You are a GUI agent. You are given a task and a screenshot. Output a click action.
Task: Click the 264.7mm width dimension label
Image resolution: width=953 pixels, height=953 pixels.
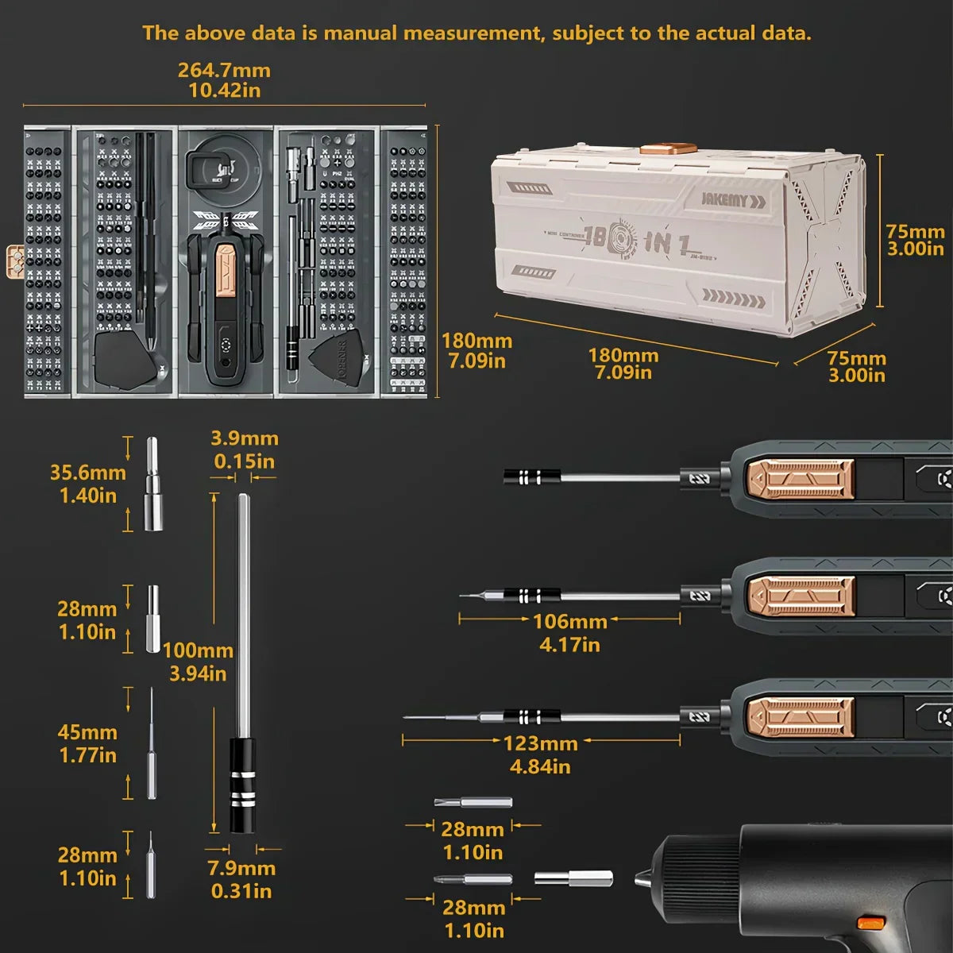pyautogui.click(x=224, y=70)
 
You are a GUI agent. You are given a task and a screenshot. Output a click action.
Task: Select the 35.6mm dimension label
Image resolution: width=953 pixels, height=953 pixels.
pyautogui.click(x=87, y=473)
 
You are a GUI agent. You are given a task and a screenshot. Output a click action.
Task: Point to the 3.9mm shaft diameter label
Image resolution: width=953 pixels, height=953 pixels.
pyautogui.click(x=245, y=438)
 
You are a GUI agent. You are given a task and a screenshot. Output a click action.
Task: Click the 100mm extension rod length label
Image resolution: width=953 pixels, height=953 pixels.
pyautogui.click(x=198, y=651)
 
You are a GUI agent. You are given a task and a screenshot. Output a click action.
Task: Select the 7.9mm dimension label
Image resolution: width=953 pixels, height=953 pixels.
pyautogui.click(x=241, y=869)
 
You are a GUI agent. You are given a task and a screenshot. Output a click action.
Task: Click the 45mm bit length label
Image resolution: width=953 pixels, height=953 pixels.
pyautogui.click(x=87, y=732)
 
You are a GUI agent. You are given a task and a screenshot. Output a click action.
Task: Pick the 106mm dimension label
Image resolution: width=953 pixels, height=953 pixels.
pyautogui.click(x=570, y=622)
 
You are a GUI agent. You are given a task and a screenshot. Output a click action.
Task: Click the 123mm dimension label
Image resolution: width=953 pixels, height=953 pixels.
pyautogui.click(x=541, y=744)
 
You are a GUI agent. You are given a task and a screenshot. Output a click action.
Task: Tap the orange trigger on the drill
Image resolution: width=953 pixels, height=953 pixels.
pyautogui.click(x=871, y=923)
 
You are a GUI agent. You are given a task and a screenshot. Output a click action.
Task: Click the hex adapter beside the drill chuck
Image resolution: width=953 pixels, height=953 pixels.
pyautogui.click(x=573, y=878)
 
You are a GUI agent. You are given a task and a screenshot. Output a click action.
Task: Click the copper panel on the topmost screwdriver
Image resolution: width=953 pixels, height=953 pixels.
pyautogui.click(x=799, y=479)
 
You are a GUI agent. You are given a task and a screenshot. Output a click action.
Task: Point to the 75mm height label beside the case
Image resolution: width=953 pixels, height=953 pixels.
pyautogui.click(x=915, y=233)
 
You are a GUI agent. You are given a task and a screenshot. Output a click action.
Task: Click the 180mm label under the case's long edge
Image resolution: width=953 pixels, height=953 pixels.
pyautogui.click(x=623, y=356)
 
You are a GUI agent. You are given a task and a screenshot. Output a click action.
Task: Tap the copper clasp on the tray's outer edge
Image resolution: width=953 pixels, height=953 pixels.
pyautogui.click(x=14, y=260)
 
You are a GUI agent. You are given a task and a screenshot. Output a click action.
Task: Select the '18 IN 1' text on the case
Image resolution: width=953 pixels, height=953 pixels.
pyautogui.click(x=635, y=241)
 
